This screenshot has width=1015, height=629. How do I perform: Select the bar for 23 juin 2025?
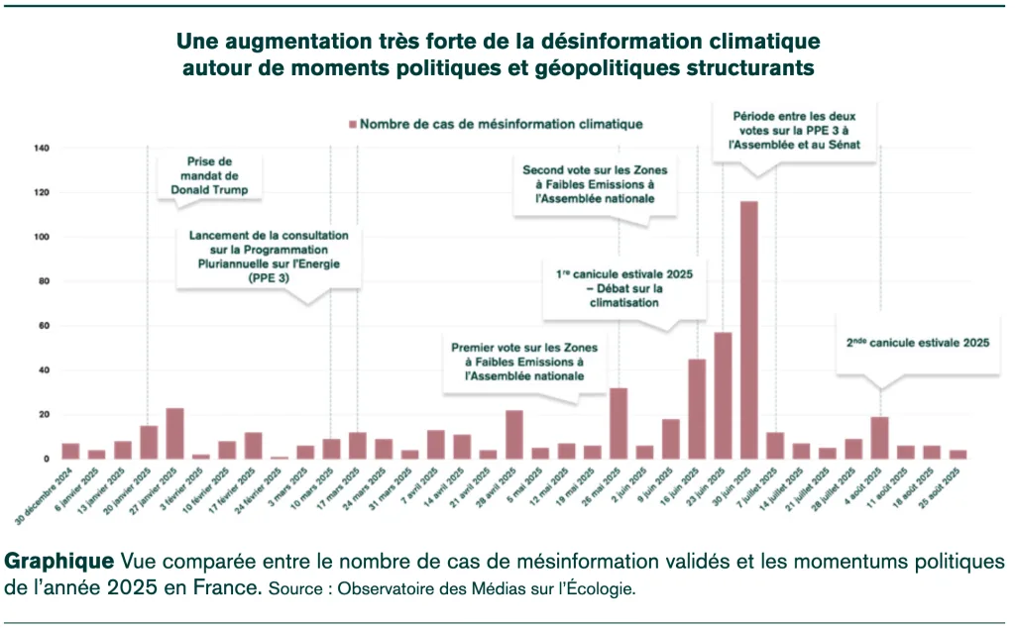[x=724, y=395]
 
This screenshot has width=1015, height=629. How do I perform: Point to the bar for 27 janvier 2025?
[x=174, y=434]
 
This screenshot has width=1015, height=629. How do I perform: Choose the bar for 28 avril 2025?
[x=513, y=435]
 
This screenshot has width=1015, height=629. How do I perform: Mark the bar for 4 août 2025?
[x=879, y=438]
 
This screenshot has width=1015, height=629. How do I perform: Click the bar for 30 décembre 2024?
[x=70, y=451]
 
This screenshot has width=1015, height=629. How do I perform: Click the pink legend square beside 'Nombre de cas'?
[x=352, y=125]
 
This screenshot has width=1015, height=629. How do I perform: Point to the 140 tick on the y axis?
[x=42, y=148]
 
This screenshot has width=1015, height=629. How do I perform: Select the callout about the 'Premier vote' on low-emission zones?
[x=516, y=362]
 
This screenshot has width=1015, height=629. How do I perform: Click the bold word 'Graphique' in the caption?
[x=58, y=561]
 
